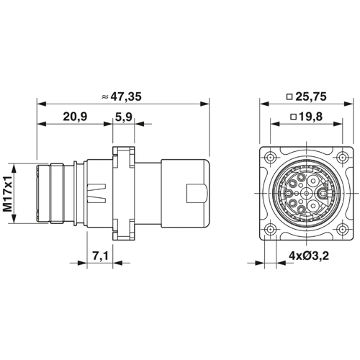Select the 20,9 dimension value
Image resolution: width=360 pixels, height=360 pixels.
[x=75, y=117]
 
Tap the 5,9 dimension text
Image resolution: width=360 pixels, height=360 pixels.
[x=123, y=117]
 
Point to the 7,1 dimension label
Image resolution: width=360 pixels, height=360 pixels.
[x=101, y=256]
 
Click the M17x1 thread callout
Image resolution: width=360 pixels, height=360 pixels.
[x=8, y=194]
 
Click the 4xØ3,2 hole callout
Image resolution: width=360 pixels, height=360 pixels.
[x=309, y=256]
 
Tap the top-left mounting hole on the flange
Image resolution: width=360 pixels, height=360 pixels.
[x=271, y=158]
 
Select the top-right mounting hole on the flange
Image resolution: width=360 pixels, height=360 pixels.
[x=342, y=158]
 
